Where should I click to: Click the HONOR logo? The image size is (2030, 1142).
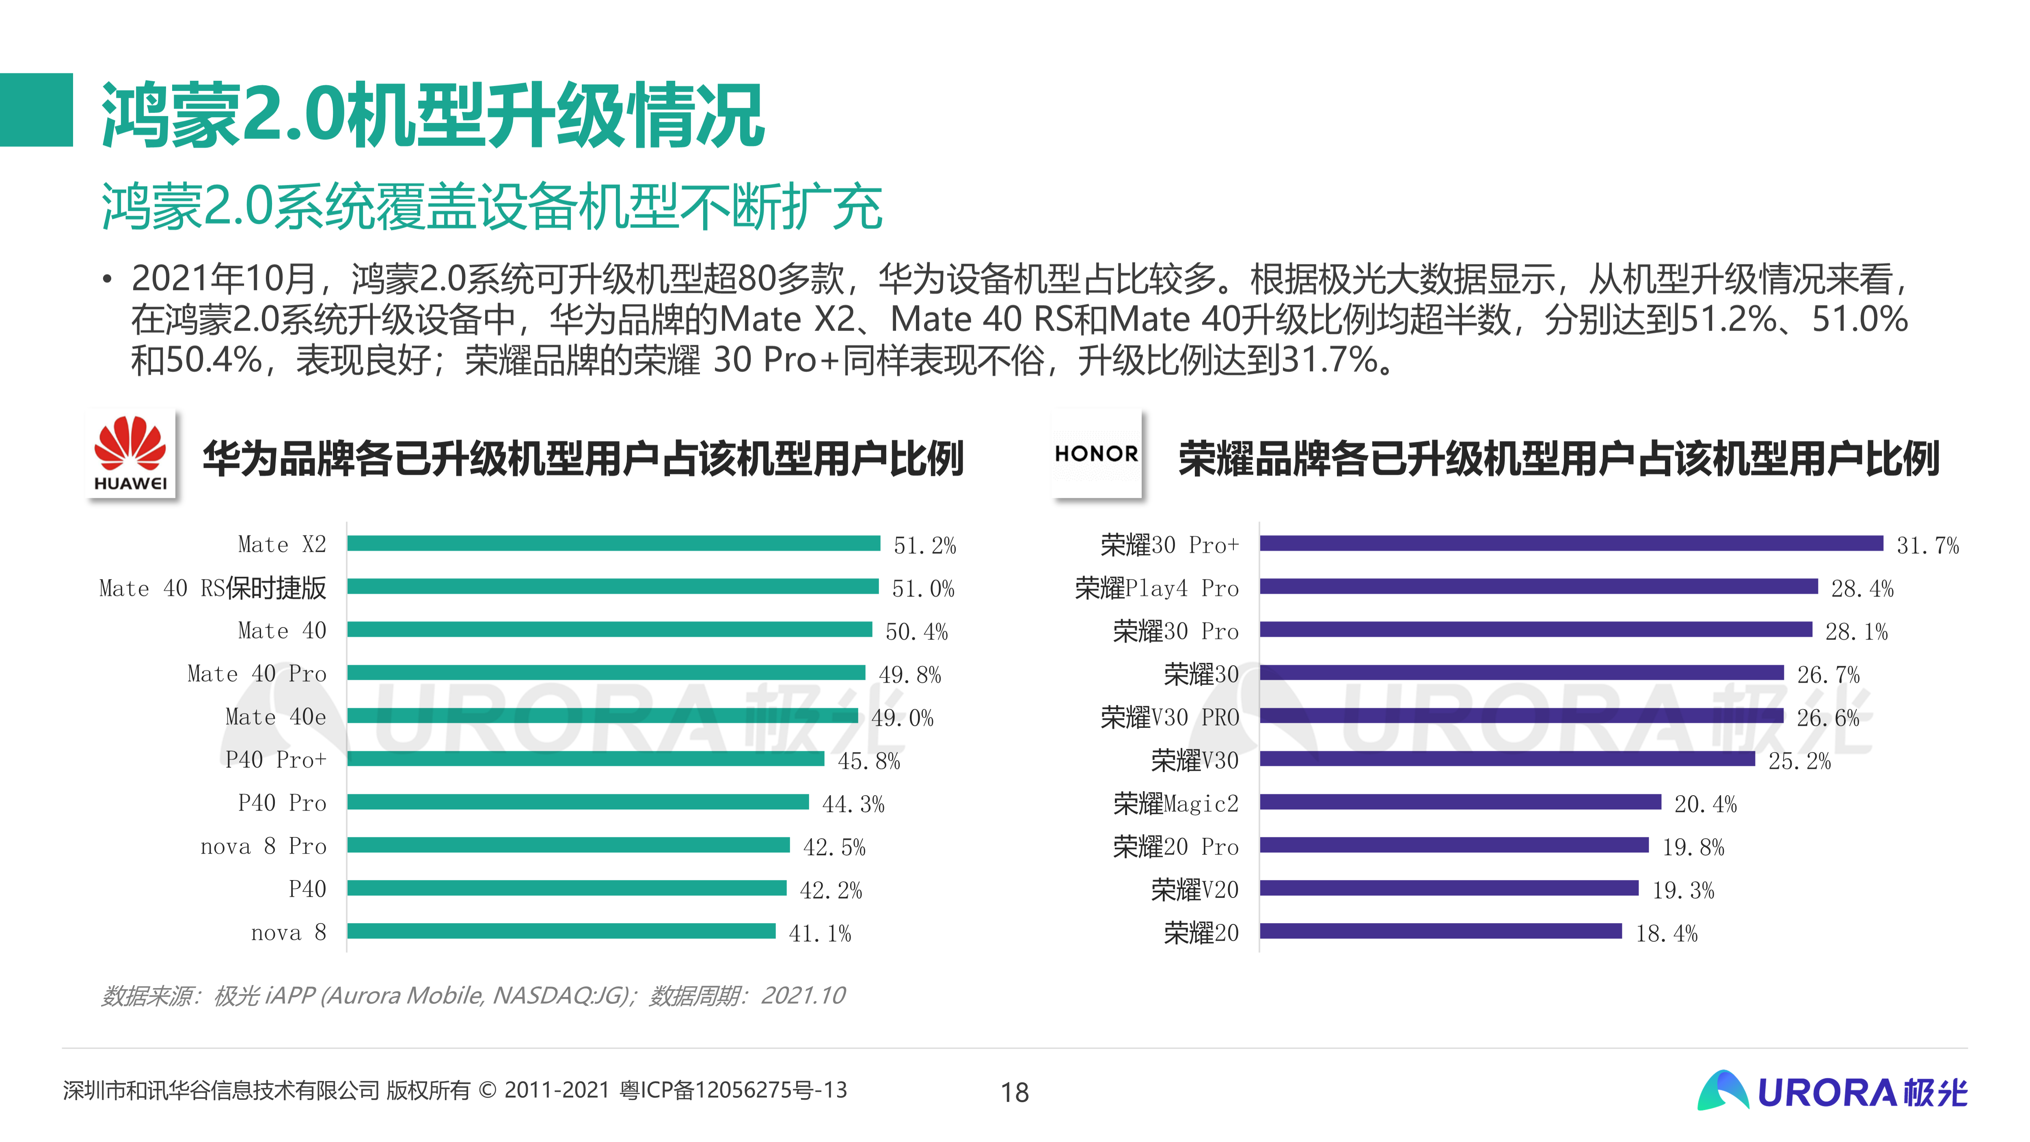1096,454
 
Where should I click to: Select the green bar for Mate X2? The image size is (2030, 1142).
613,543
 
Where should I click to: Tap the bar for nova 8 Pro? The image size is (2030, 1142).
568,845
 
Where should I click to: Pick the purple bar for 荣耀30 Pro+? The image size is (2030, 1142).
1570,543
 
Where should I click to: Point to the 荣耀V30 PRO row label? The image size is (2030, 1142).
1169,717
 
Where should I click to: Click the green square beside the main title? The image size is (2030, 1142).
36,110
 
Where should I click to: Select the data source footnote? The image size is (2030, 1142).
473,995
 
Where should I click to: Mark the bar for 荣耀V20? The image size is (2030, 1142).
1449,888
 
